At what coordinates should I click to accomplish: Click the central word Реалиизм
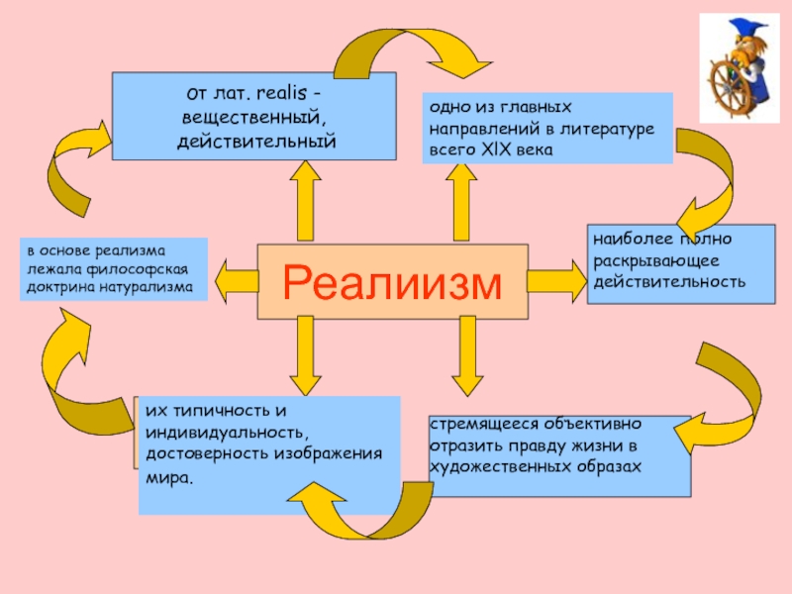[x=392, y=282]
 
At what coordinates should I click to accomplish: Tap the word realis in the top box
[x=281, y=93]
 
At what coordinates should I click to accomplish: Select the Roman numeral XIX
[x=497, y=149]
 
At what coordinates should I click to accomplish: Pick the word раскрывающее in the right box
[x=655, y=261]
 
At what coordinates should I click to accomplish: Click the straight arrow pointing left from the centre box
[x=237, y=281]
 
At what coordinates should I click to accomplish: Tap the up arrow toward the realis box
[x=305, y=201]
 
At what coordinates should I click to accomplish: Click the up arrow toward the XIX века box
[x=461, y=202]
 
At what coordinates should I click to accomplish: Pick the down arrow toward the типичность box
[x=305, y=355]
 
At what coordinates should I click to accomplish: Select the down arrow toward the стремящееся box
[x=467, y=356]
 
